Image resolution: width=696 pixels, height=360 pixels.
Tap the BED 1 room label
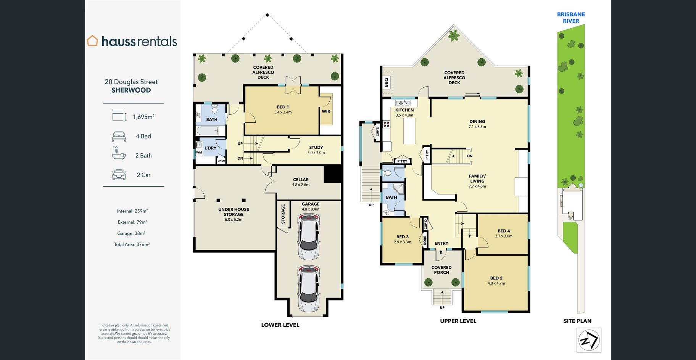point(283,107)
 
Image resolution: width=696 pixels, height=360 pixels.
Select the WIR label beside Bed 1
point(326,111)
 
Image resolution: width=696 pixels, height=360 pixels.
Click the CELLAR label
point(301,180)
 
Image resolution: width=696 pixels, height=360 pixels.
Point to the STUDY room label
point(316,148)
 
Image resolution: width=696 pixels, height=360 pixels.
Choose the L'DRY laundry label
point(210,148)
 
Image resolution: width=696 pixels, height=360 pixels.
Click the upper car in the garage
point(309,236)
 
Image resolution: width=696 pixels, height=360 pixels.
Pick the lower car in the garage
point(309,288)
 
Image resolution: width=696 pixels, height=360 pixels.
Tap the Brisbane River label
point(571,18)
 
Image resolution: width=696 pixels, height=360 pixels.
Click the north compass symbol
point(589,340)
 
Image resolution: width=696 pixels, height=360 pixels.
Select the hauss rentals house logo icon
point(92,40)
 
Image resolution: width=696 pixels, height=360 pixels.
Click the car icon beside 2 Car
point(119,175)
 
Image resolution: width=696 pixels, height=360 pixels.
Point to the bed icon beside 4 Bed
point(119,136)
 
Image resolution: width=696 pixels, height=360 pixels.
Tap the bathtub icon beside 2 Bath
point(119,153)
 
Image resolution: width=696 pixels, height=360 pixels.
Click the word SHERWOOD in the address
point(131,90)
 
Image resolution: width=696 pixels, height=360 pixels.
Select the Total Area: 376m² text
point(132,244)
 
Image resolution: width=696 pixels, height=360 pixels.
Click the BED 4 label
point(504,231)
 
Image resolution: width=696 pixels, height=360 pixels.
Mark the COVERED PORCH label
point(441,270)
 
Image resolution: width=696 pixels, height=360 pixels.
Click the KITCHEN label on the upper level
point(404,110)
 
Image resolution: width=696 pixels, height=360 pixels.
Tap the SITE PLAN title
point(577,321)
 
